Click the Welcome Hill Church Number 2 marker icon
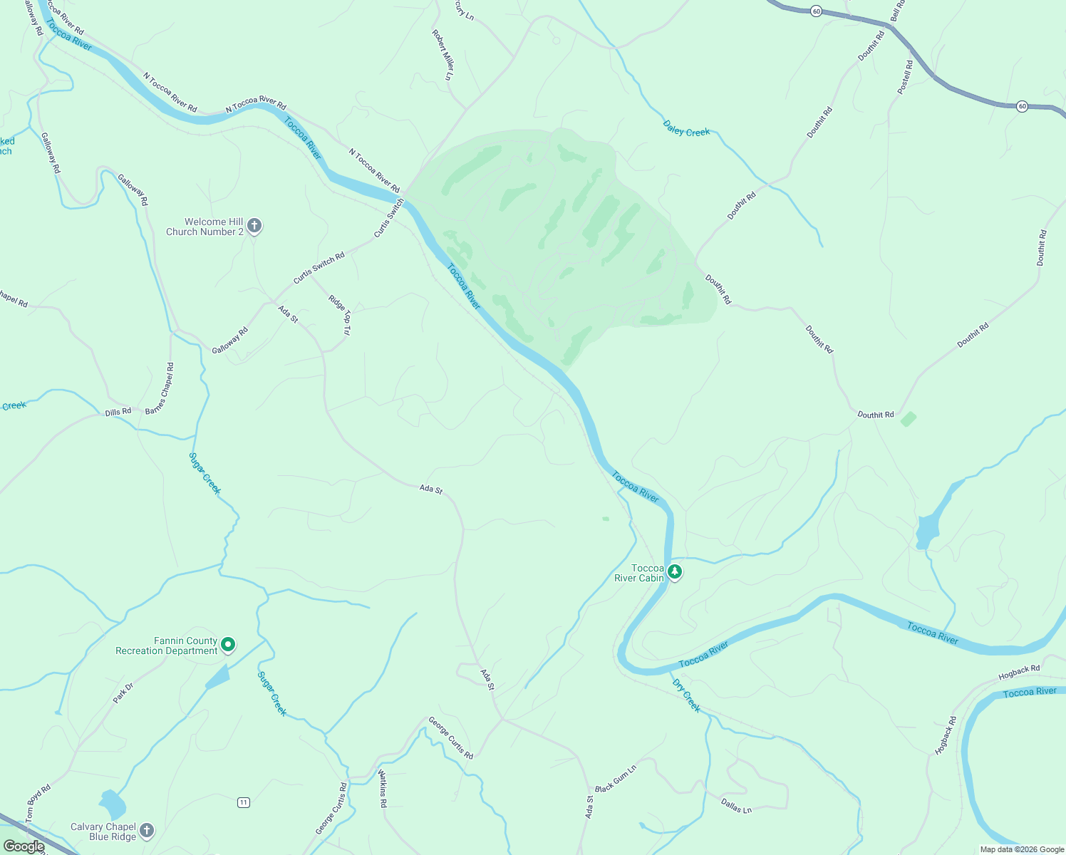[x=254, y=226]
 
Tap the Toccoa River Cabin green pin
[x=674, y=571]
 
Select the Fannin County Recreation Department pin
[x=228, y=645]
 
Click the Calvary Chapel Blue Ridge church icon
[x=146, y=830]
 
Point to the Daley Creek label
[x=686, y=129]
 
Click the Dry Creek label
[x=686, y=695]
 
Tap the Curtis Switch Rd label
[x=319, y=267]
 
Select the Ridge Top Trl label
[x=340, y=314]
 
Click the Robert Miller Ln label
[x=443, y=54]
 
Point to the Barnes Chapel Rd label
[x=160, y=388]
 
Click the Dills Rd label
[x=118, y=412]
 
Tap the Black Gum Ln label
[x=615, y=779]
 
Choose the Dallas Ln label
[x=736, y=806]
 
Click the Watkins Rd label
[x=383, y=788]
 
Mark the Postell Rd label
[x=905, y=77]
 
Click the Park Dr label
[x=123, y=693]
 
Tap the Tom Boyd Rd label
[x=38, y=804]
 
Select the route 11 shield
[x=244, y=802]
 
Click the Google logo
[x=24, y=846]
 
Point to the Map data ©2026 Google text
[x=1021, y=849]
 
